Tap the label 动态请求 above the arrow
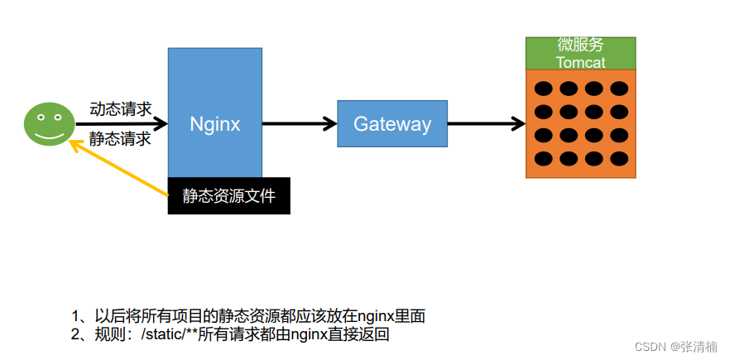[x=121, y=108]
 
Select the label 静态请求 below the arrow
[x=121, y=138]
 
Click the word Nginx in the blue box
[x=214, y=124]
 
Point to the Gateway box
[x=392, y=124]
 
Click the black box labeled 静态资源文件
[x=229, y=196]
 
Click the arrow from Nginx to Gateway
[x=299, y=124]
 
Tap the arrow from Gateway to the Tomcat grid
[x=486, y=124]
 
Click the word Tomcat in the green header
[x=580, y=62]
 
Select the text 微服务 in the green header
[x=580, y=46]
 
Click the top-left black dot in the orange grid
[x=544, y=89]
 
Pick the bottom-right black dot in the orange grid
[x=619, y=158]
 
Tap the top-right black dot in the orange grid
[x=619, y=89]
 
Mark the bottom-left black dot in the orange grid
[x=544, y=158]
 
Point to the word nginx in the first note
[x=369, y=316]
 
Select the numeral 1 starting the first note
[x=76, y=316]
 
